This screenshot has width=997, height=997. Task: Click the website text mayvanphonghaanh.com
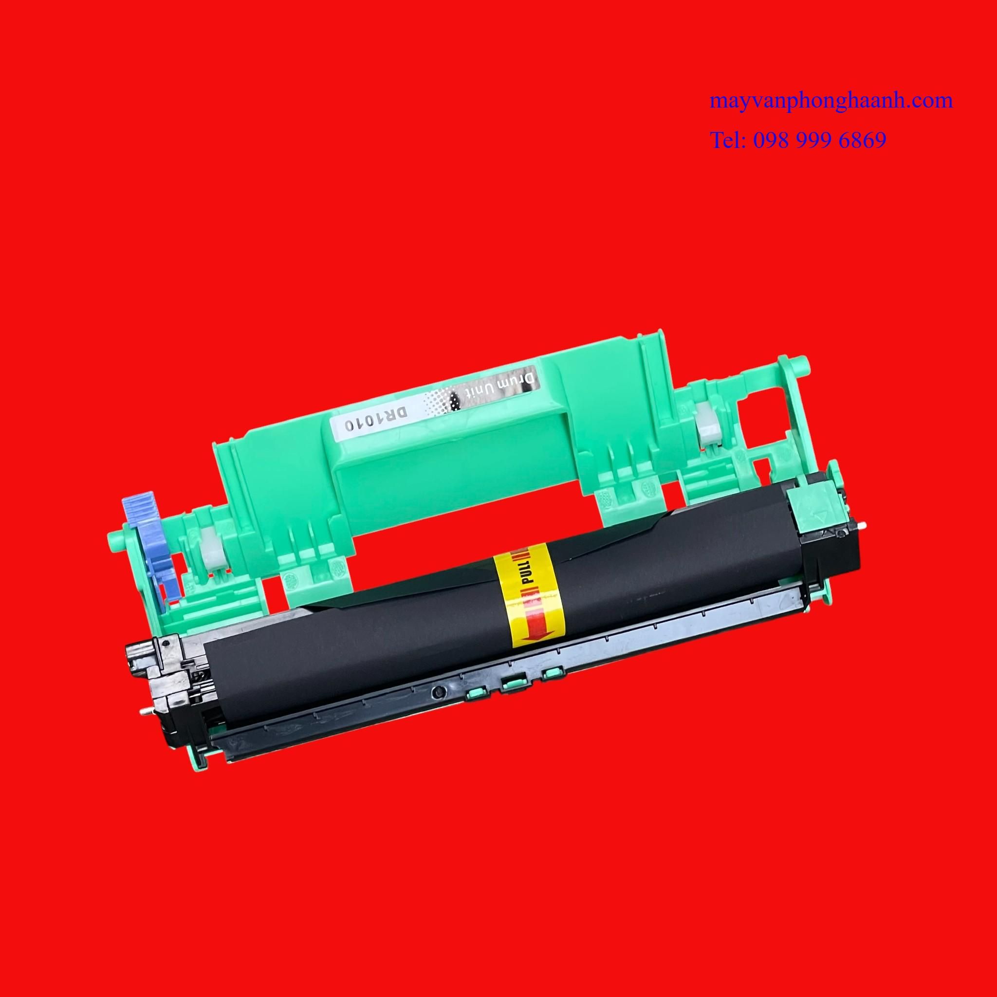[831, 101]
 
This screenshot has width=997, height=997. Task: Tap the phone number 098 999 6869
[819, 140]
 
